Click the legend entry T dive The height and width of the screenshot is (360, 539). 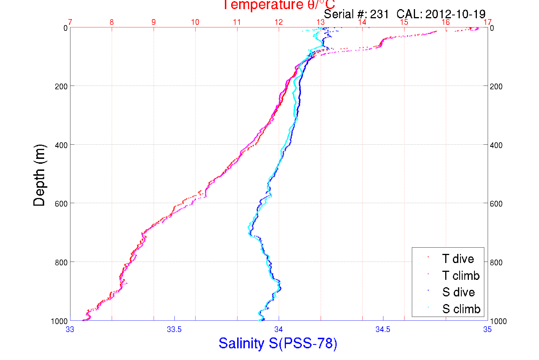(x=458, y=259)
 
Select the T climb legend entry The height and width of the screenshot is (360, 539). (x=461, y=276)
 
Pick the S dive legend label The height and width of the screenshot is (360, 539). (x=458, y=292)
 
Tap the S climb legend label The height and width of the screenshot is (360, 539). (x=461, y=309)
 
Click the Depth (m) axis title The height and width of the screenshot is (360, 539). (x=39, y=175)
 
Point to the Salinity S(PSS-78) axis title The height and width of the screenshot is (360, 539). (x=278, y=343)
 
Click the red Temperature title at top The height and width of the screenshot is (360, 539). (x=278, y=5)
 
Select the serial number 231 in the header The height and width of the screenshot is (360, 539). (x=379, y=14)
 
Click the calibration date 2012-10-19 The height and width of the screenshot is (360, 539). (x=455, y=14)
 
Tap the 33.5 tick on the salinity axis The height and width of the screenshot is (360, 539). (x=174, y=329)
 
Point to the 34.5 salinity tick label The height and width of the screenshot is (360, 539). (x=383, y=329)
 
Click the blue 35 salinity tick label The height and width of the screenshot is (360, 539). (x=487, y=329)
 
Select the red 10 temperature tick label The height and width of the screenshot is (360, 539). (x=195, y=22)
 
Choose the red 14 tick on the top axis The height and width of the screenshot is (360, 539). (x=362, y=22)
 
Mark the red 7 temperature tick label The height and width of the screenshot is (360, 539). (x=70, y=22)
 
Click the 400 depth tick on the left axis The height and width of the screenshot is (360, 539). (x=61, y=145)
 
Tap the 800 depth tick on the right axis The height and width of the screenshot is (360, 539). (x=496, y=262)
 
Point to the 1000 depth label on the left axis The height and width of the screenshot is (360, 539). (x=59, y=321)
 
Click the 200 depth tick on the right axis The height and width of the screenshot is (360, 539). (x=496, y=86)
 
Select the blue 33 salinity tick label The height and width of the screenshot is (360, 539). (x=70, y=329)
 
